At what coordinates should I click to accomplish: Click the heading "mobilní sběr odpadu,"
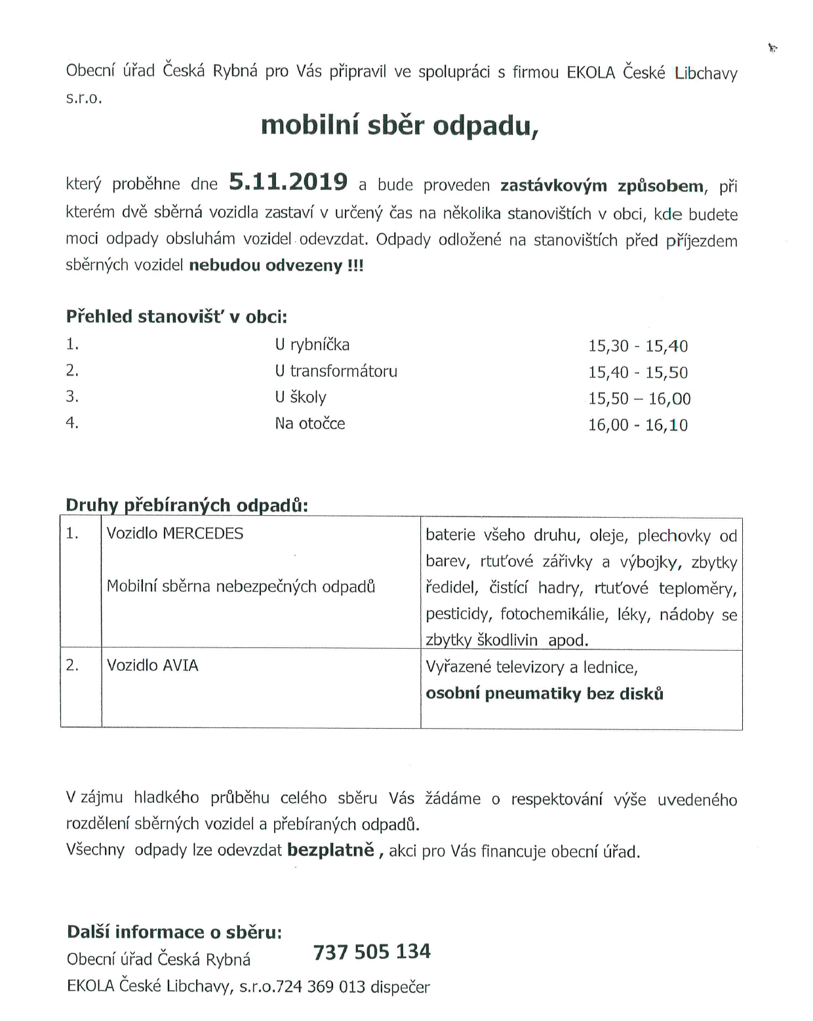click(x=399, y=125)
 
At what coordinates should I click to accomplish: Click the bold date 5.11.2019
click(x=288, y=182)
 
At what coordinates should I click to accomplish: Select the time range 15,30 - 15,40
click(x=637, y=346)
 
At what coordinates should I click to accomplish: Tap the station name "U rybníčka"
click(x=312, y=345)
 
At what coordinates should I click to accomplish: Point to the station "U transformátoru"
click(x=336, y=371)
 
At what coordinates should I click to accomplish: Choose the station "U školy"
click(x=300, y=397)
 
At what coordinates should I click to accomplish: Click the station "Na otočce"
click(x=309, y=423)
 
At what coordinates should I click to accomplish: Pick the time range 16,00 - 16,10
click(x=637, y=425)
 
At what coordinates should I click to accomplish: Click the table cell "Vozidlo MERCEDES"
click(x=174, y=533)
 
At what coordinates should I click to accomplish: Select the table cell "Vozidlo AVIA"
click(x=152, y=665)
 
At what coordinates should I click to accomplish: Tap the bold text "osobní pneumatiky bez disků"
click(x=544, y=693)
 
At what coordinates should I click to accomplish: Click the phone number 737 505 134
click(x=372, y=952)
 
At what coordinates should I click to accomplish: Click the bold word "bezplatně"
click(x=330, y=850)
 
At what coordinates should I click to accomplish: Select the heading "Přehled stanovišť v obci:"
click(x=176, y=317)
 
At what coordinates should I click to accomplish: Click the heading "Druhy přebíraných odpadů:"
click(x=187, y=505)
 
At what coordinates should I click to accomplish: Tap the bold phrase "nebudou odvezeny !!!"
click(x=276, y=265)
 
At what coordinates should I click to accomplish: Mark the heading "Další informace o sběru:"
click(x=174, y=932)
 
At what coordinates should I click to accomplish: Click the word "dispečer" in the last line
click(x=400, y=987)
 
